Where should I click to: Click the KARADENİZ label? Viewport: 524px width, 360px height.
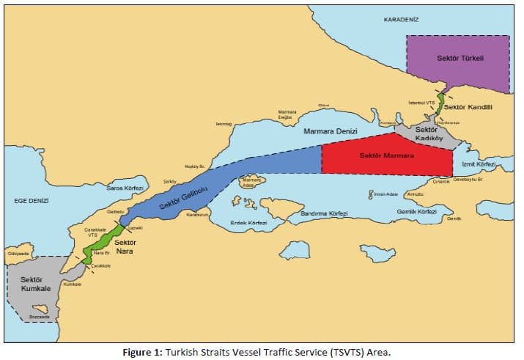point(401,19)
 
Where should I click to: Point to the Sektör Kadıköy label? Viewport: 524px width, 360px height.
point(427,134)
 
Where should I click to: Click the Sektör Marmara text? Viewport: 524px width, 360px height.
point(386,155)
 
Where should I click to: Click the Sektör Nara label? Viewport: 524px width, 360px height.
point(125,246)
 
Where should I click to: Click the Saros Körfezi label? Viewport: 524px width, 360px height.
point(124,188)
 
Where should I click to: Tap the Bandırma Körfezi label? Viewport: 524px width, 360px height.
point(324,213)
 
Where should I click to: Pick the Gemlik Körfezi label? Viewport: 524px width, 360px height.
point(416,211)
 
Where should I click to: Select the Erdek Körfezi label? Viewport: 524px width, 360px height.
point(248,222)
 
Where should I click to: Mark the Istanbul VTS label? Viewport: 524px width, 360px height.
point(421,103)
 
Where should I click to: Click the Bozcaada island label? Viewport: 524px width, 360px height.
point(39,317)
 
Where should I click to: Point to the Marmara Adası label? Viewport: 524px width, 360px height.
point(251,182)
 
